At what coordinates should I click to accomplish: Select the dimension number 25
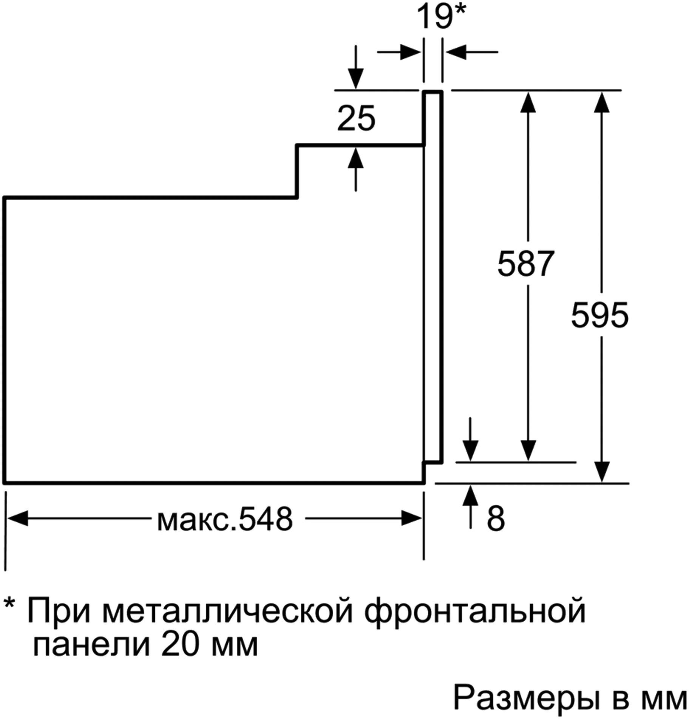[356, 118]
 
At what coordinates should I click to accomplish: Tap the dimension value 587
[525, 263]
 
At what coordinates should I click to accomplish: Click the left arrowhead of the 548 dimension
[17, 518]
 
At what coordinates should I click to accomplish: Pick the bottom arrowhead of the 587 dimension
[528, 451]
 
